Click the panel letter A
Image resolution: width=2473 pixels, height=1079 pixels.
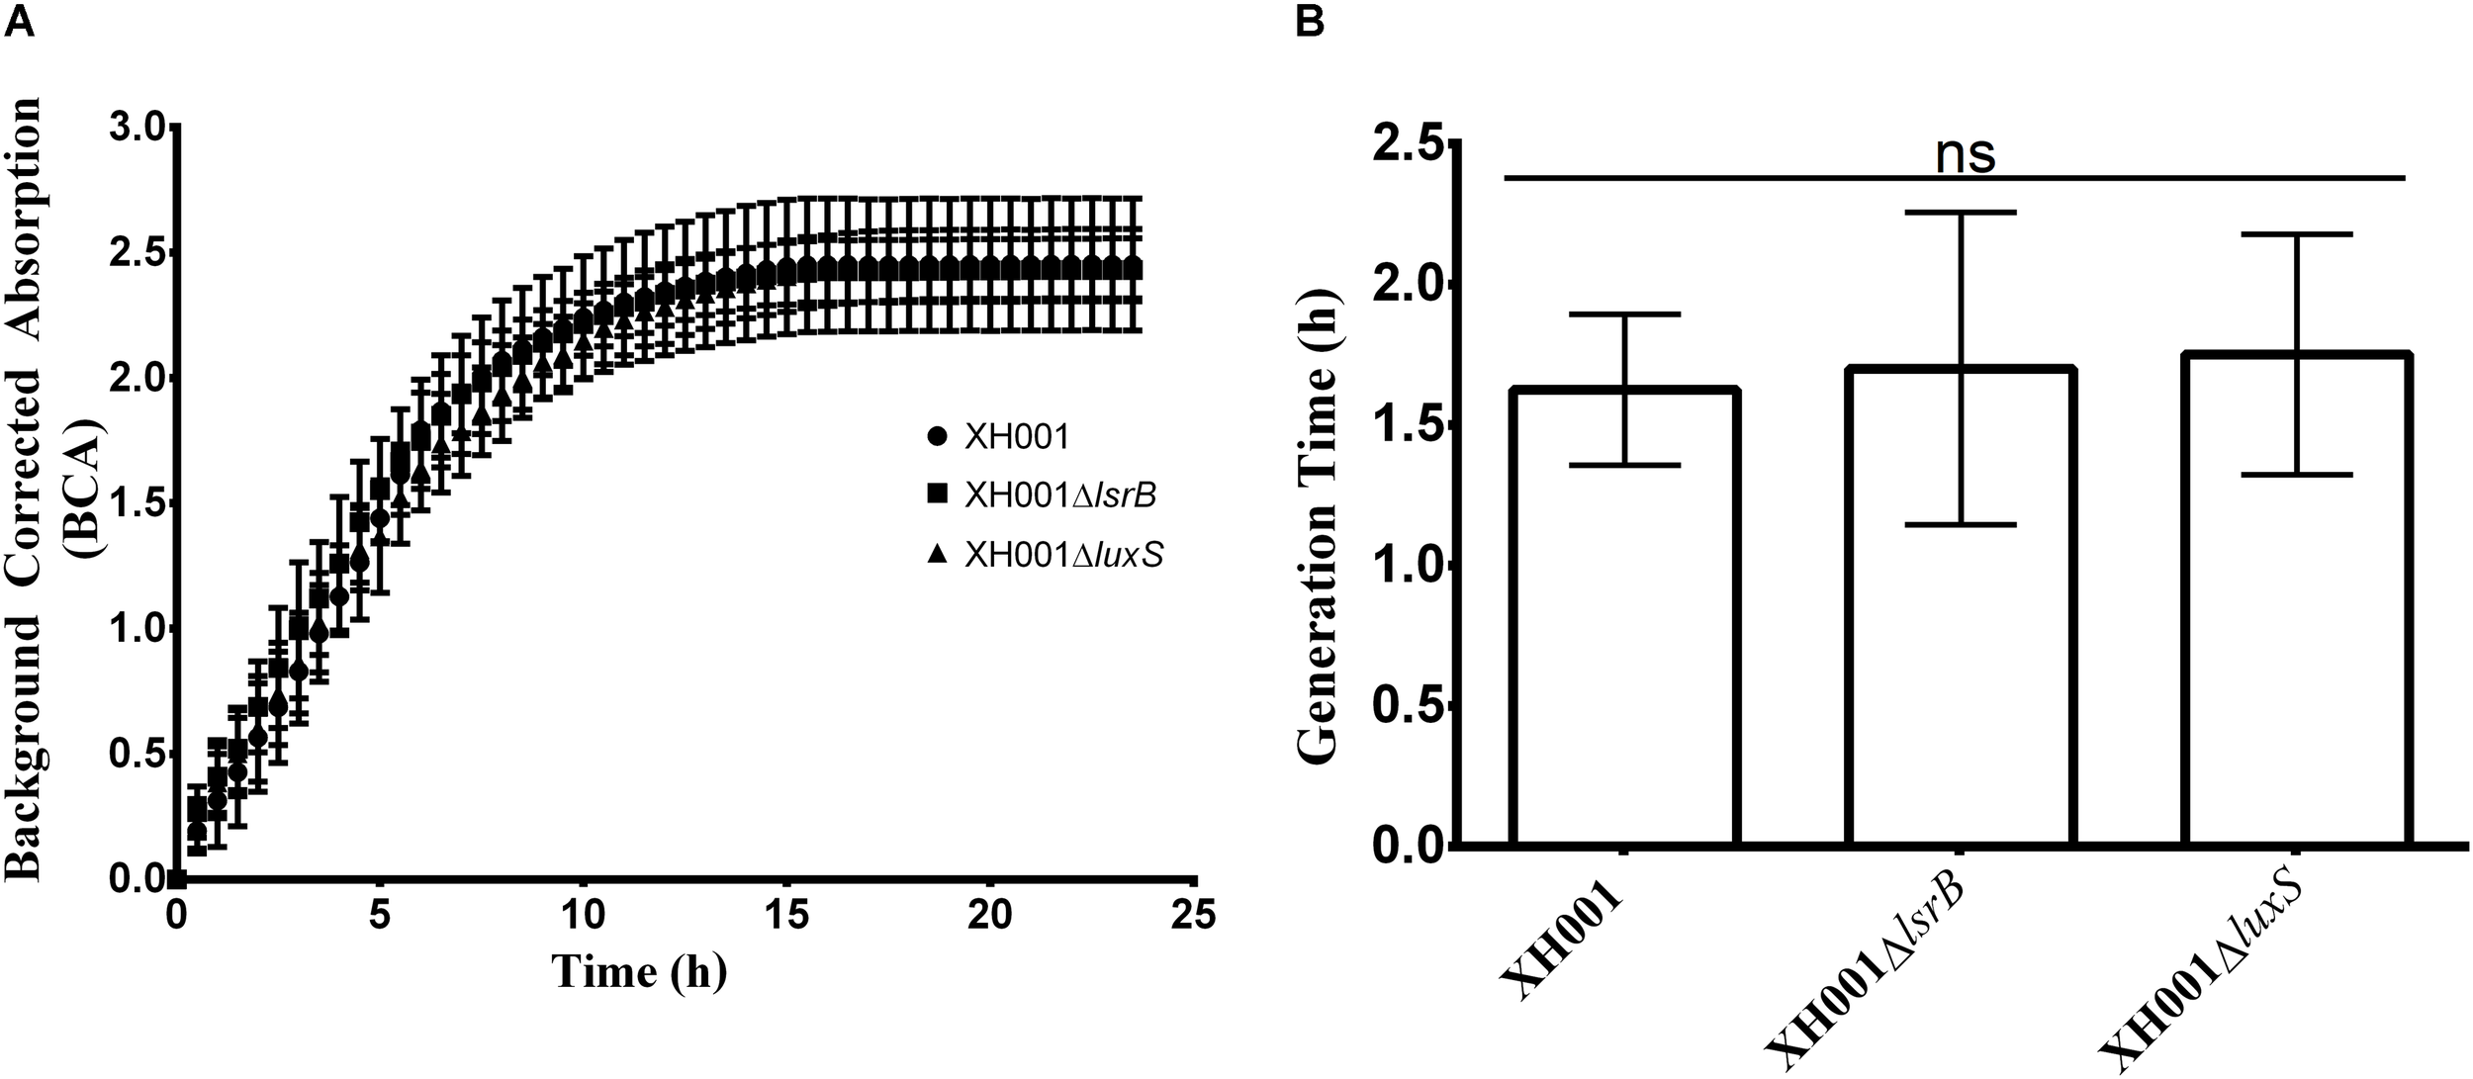click(x=20, y=21)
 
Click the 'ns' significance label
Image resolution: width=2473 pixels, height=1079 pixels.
click(x=1965, y=154)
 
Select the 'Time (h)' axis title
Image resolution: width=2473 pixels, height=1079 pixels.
click(x=640, y=971)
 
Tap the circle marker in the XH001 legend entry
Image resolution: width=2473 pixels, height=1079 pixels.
click(x=938, y=435)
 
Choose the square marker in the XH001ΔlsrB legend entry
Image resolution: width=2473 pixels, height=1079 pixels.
click(x=938, y=494)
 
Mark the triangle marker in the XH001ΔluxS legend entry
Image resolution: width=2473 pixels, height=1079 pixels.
click(x=938, y=555)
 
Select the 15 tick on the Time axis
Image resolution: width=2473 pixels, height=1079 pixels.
click(x=787, y=915)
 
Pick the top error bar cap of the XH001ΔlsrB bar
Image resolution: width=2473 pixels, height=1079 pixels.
click(x=1960, y=213)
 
